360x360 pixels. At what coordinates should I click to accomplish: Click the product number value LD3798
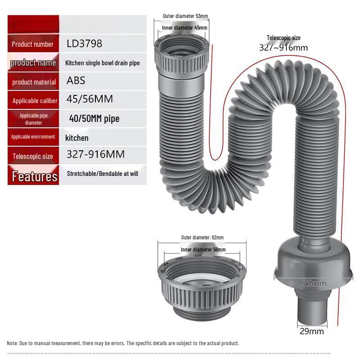pyautogui.click(x=84, y=44)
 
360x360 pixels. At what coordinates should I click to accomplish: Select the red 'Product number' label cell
pyautogui.click(x=33, y=44)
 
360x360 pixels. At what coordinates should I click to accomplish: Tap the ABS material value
pyautogui.click(x=76, y=81)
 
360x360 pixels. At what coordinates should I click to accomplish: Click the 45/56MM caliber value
pyautogui.click(x=90, y=99)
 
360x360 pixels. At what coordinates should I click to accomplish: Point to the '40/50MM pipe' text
pyautogui.click(x=94, y=119)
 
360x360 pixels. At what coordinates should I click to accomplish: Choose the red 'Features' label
pyautogui.click(x=34, y=176)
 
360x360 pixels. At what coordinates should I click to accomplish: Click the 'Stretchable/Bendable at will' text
pyautogui.click(x=103, y=173)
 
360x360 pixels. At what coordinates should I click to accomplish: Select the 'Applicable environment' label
pyautogui.click(x=33, y=137)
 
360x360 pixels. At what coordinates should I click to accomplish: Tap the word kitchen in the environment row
pyautogui.click(x=77, y=138)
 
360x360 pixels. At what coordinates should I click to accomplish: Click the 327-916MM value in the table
pyautogui.click(x=95, y=155)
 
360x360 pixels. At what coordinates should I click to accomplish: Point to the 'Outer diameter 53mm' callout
pyautogui.click(x=185, y=16)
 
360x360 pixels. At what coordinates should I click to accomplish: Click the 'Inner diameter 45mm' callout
pyautogui.click(x=184, y=28)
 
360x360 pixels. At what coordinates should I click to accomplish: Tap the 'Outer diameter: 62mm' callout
pyautogui.click(x=202, y=238)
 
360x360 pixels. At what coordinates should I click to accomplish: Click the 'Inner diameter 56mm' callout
pyautogui.click(x=203, y=250)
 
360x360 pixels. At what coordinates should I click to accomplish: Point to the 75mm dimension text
pyautogui.click(x=314, y=283)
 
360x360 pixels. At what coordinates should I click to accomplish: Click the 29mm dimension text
pyautogui.click(x=312, y=332)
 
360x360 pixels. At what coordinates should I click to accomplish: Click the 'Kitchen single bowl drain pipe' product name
pyautogui.click(x=103, y=63)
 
